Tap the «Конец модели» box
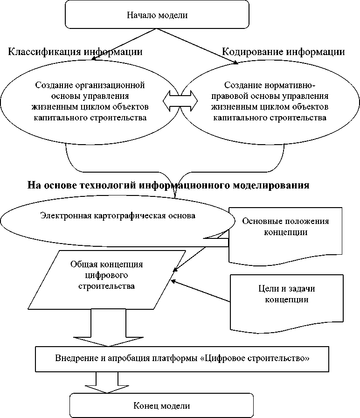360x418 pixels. pos(161,405)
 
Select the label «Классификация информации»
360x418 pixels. pos(75,51)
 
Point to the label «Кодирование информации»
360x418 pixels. pos(283,51)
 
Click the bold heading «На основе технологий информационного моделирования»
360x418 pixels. pos(168,185)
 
